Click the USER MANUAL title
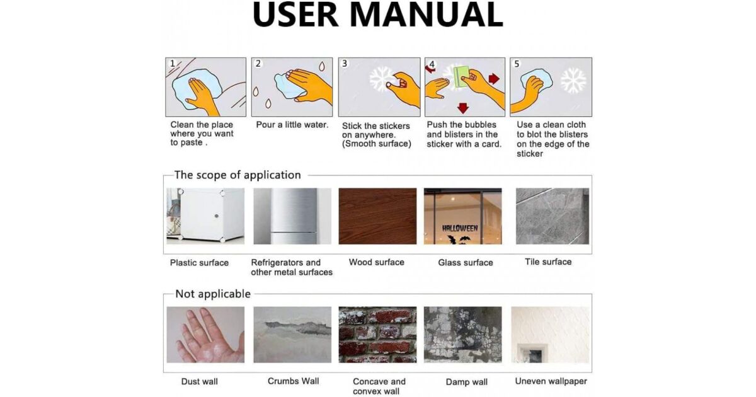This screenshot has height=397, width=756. tap(378, 14)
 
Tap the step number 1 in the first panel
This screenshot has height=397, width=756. tap(173, 64)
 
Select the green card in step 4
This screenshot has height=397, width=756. tap(462, 77)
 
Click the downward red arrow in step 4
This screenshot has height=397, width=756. tap(463, 108)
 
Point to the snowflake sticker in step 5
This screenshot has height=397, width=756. tap(573, 81)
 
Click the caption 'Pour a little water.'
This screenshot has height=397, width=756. tap(292, 125)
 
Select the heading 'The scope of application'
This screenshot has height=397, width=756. tap(238, 175)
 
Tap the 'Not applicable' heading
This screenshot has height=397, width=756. tap(213, 294)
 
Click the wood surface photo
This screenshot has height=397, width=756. tap(377, 216)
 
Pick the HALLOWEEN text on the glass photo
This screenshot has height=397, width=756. tap(460, 229)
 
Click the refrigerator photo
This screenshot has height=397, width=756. tap(292, 216)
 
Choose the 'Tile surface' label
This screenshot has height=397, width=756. tap(548, 262)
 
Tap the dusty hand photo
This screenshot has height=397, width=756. tap(205, 335)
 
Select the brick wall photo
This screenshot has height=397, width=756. tap(377, 335)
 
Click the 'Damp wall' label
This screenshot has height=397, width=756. tap(466, 382)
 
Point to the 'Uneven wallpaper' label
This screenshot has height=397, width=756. tap(551, 381)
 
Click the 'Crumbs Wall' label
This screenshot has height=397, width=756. tap(293, 381)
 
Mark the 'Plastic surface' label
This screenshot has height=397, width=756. tap(199, 263)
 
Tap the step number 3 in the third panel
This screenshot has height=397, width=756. tap(345, 64)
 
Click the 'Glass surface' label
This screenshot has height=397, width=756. tap(466, 262)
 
